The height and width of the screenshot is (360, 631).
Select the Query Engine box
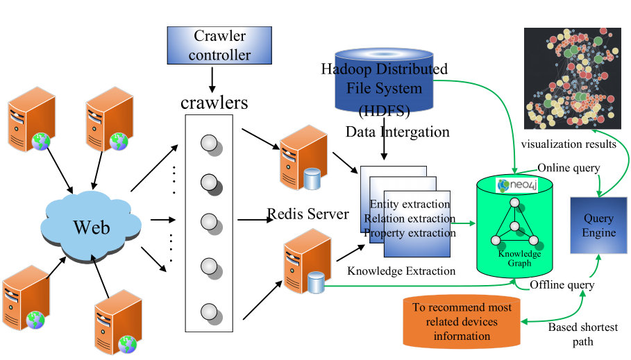(x=598, y=225)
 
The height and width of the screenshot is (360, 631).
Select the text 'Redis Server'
(x=308, y=214)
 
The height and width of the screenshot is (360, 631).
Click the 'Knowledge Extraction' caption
(x=401, y=271)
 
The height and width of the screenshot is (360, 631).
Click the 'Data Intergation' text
(x=397, y=132)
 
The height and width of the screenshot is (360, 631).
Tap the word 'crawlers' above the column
(x=214, y=104)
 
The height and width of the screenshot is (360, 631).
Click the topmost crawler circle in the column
(x=209, y=144)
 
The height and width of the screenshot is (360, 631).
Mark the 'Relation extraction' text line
(x=410, y=218)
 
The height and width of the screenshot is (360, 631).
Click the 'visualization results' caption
(x=569, y=144)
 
